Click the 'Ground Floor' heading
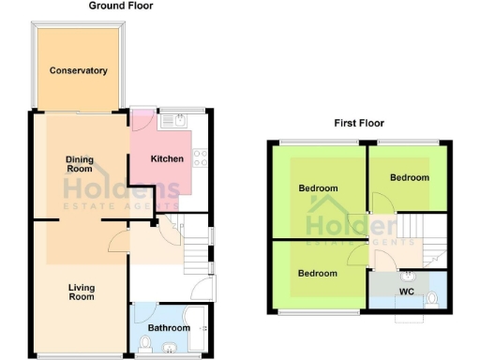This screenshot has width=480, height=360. point(121,6)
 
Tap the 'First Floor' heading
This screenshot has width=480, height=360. point(358,123)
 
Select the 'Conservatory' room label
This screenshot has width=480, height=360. point(79,70)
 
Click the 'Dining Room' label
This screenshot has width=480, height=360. point(79,164)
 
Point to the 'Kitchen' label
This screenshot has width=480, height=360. point(167,158)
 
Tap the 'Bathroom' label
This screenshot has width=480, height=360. point(170,328)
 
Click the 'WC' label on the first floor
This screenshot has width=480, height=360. point(406,292)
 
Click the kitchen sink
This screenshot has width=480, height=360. point(174,119)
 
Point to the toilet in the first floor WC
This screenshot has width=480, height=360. point(432,299)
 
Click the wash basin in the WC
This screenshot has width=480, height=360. point(408,276)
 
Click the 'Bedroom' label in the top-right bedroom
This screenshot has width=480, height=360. point(410,177)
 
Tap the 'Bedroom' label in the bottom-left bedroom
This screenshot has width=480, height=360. point(318,273)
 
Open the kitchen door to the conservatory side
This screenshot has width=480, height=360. point(141,121)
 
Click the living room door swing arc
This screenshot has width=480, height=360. point(116,243)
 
